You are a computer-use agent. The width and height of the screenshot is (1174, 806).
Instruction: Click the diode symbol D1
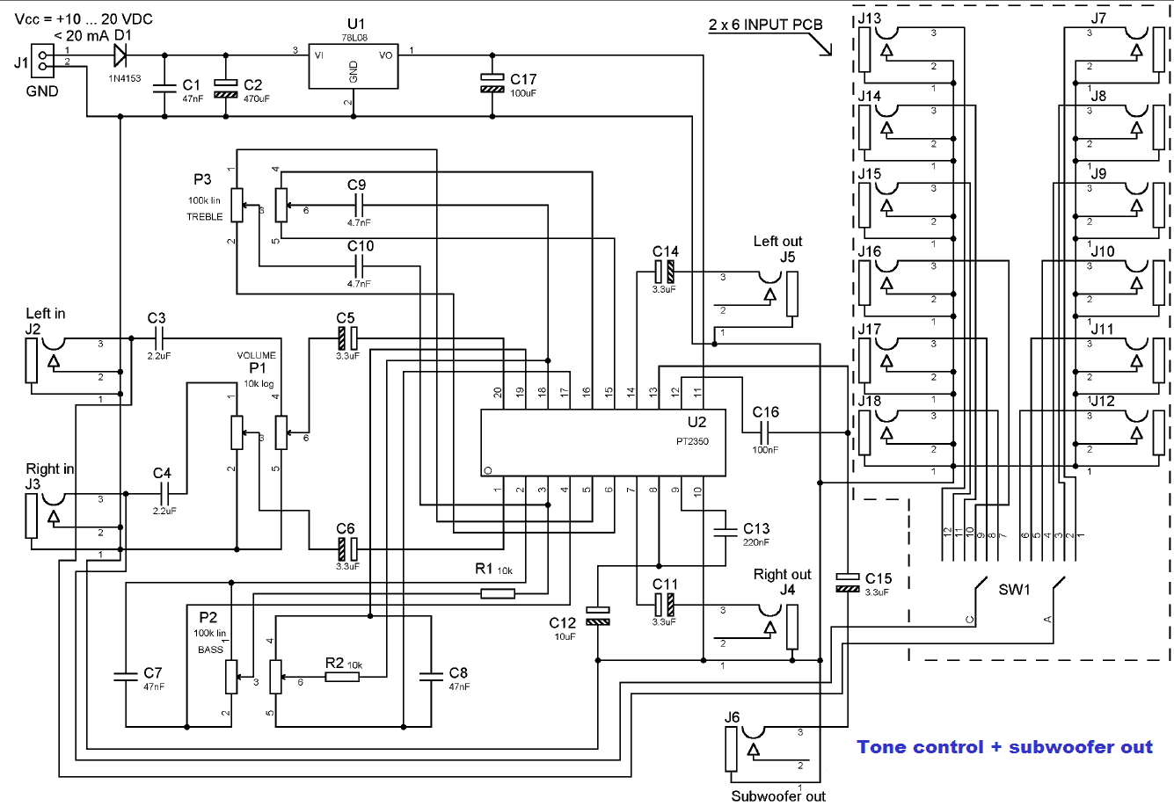[x=120, y=55]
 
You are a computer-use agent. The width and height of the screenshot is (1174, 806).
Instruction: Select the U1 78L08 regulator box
[x=354, y=66]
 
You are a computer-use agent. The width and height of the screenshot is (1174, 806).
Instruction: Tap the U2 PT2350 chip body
[x=603, y=442]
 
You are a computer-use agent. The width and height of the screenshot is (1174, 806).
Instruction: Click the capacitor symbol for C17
[x=492, y=84]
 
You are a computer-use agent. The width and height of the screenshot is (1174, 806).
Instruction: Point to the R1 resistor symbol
[x=498, y=593]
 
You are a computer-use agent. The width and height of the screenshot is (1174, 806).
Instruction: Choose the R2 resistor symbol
[x=342, y=677]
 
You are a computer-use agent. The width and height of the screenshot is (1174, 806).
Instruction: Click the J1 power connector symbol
[x=42, y=61]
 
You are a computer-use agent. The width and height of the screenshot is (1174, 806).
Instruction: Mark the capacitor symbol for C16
[x=765, y=432]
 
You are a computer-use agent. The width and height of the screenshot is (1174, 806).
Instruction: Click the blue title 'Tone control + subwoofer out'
[x=1004, y=747]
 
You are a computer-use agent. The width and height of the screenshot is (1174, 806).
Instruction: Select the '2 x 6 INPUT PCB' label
[x=766, y=25]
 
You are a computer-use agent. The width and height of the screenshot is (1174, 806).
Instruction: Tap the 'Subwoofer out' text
[x=778, y=796]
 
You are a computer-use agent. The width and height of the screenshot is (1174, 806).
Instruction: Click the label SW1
[x=1014, y=590]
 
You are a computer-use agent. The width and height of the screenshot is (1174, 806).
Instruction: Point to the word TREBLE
[x=204, y=217]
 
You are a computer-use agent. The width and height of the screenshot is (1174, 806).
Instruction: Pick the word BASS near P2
[x=210, y=650]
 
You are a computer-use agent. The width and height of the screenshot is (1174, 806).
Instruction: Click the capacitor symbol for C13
[x=726, y=532]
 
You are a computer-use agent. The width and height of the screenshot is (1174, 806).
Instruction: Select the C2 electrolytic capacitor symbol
[x=226, y=89]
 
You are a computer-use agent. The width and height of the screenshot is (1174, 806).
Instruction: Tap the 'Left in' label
[x=46, y=313]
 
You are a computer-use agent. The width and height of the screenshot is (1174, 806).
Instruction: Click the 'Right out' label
[x=782, y=575]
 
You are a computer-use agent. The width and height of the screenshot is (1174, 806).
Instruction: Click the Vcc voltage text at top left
[x=84, y=19]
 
